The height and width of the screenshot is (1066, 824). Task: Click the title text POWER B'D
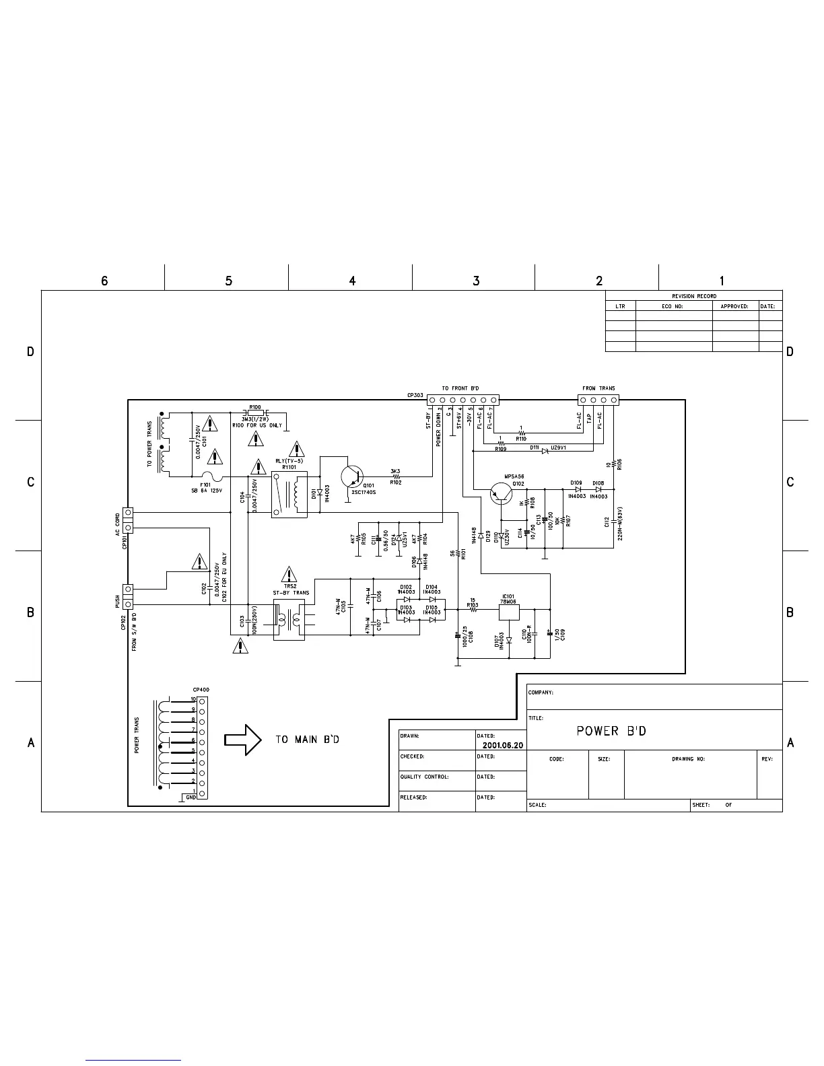pyautogui.click(x=611, y=731)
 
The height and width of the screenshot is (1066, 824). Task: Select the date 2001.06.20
pyautogui.click(x=502, y=746)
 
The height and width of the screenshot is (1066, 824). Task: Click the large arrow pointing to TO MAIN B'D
pyautogui.click(x=242, y=739)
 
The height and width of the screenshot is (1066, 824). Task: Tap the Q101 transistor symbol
pyautogui.click(x=351, y=476)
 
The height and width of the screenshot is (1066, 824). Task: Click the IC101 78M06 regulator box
pyautogui.click(x=508, y=611)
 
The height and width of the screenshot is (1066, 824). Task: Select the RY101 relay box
pyautogui.click(x=289, y=494)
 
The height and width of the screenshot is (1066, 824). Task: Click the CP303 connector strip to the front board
pyautogui.click(x=462, y=400)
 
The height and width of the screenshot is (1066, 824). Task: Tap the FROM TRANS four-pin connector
pyautogui.click(x=598, y=400)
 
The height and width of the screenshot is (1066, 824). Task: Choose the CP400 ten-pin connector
pyautogui.click(x=201, y=747)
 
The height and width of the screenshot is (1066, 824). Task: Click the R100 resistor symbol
pyautogui.click(x=255, y=413)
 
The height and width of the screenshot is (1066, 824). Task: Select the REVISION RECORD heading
pyautogui.click(x=693, y=296)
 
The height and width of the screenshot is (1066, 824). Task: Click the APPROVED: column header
pyautogui.click(x=734, y=306)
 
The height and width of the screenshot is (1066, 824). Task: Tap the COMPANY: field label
pyautogui.click(x=541, y=692)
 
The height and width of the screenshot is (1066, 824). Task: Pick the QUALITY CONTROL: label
pyautogui.click(x=424, y=777)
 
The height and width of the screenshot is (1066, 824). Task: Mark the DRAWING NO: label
pyautogui.click(x=688, y=758)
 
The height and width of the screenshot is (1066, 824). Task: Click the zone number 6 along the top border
pyautogui.click(x=104, y=281)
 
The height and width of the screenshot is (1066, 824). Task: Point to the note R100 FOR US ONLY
pyautogui.click(x=257, y=425)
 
